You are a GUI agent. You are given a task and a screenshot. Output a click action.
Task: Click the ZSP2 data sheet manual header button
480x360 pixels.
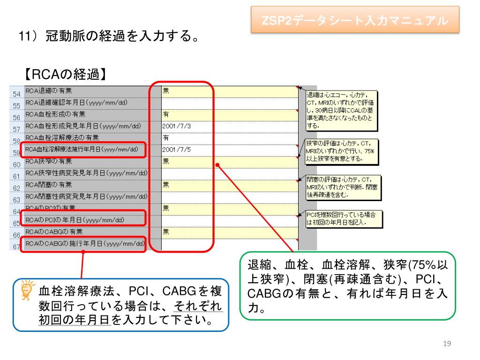[x=354, y=21]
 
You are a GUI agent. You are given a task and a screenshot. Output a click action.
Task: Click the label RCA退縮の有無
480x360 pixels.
[x=49, y=90]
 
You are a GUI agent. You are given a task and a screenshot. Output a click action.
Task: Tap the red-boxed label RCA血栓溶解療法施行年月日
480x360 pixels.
[x=82, y=150]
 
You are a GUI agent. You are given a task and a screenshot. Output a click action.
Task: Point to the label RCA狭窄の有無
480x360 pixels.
[x=49, y=161]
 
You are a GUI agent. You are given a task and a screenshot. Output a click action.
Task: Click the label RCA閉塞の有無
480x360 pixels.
[x=49, y=185]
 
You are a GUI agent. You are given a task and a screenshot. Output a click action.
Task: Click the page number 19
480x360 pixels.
[x=446, y=344]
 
